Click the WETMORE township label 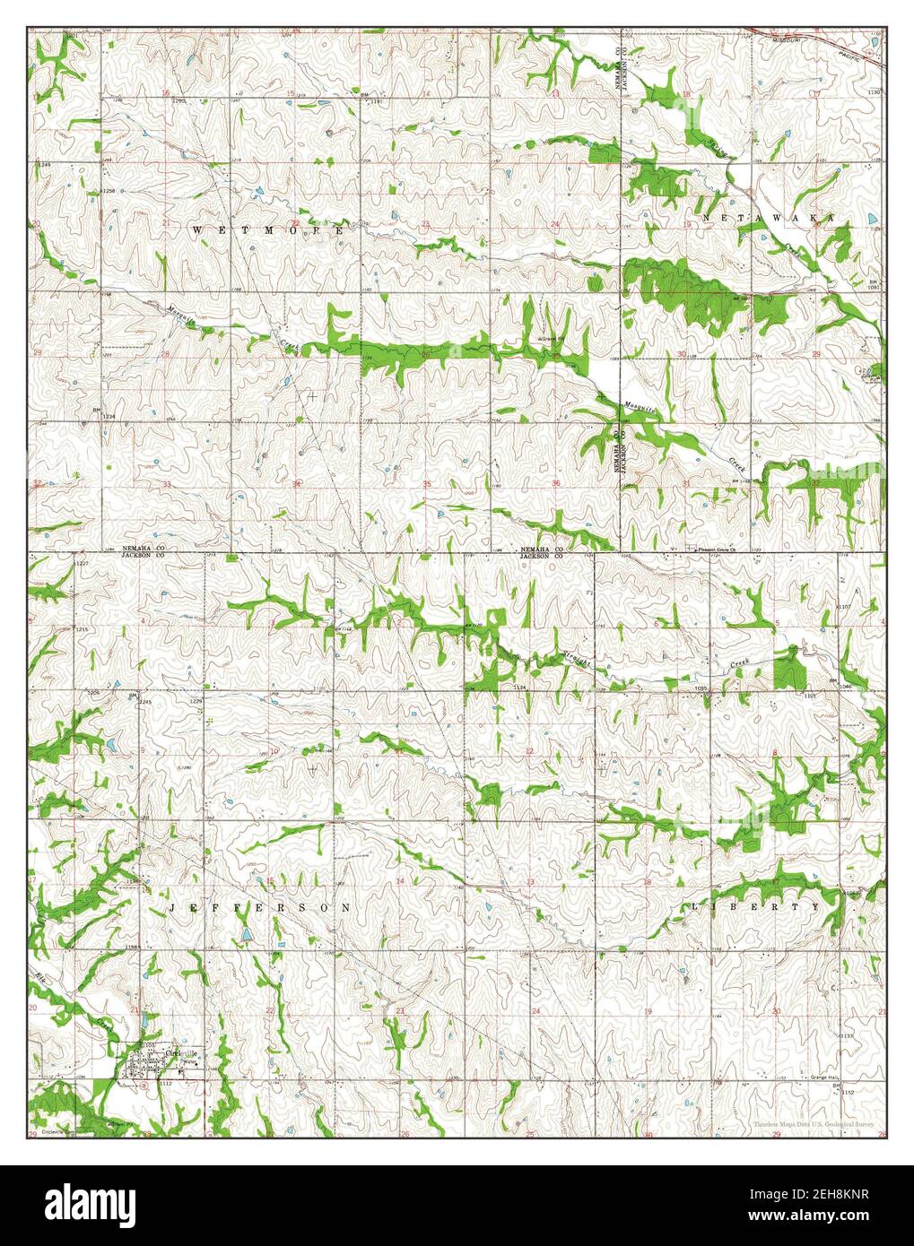point(268,230)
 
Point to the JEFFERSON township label point(259,908)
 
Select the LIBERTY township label point(755,906)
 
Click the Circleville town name point(180,1052)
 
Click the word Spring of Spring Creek point(718,148)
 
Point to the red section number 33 point(168,485)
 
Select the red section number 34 point(297,485)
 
